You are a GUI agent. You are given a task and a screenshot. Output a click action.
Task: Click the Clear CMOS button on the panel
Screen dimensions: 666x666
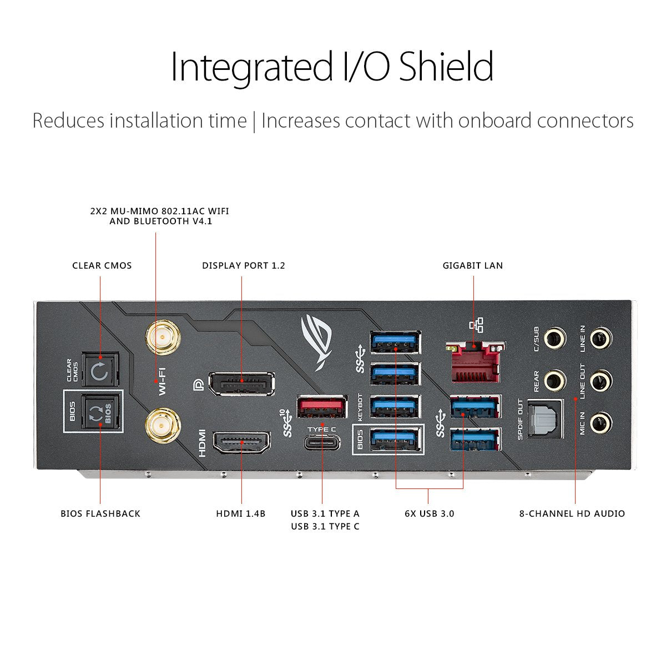click(100, 371)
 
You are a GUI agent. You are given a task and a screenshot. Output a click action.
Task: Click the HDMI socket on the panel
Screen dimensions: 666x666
click(242, 442)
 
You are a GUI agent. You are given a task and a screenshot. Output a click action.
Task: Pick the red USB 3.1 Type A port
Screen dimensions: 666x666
click(322, 407)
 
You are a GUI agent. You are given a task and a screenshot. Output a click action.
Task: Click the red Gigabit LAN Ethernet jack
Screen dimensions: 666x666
click(475, 362)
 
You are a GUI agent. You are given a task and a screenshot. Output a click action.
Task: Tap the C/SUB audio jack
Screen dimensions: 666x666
click(554, 337)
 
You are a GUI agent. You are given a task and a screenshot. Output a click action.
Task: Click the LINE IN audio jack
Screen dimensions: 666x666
click(600, 337)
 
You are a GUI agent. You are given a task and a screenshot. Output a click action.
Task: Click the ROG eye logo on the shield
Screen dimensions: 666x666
click(317, 340)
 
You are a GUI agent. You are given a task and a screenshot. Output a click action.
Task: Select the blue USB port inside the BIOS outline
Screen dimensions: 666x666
click(395, 440)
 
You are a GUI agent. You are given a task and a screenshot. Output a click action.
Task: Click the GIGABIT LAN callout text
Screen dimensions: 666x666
click(473, 265)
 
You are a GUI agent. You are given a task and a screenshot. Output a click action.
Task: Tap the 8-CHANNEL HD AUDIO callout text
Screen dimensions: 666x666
click(572, 513)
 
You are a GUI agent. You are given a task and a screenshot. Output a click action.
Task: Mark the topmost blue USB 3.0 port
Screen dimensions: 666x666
click(395, 341)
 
